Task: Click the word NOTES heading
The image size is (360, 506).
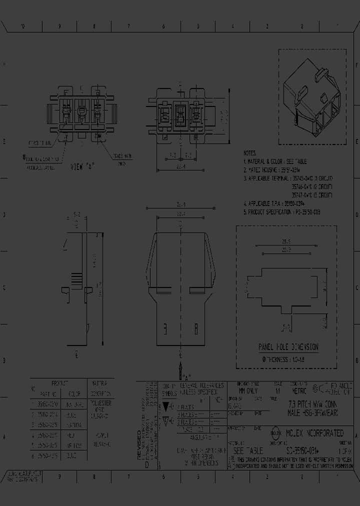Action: (250, 153)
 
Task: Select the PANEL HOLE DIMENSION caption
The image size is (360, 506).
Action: (288, 347)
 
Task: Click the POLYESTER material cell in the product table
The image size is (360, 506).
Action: (102, 402)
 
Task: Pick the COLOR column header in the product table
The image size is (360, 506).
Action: (74, 393)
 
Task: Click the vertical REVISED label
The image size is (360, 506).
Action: (139, 440)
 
